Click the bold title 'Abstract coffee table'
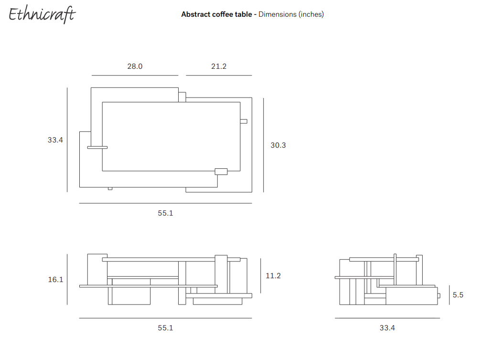tap(216, 14)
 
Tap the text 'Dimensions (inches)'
tap(291, 14)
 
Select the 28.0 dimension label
tap(135, 66)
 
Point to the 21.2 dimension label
tap(219, 66)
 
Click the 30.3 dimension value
tap(278, 145)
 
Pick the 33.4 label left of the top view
tap(55, 140)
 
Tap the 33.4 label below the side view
tap(387, 327)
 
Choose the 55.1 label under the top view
tap(165, 213)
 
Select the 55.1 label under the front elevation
tap(165, 327)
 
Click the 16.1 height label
tap(55, 279)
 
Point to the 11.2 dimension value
tap(273, 276)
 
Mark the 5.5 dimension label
tap(458, 295)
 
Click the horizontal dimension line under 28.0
tap(135, 75)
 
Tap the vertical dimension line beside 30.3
tap(264, 145)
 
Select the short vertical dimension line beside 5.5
tap(449, 295)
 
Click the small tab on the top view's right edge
tap(244, 121)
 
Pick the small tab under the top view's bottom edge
tap(110, 188)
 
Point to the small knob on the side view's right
tap(438, 296)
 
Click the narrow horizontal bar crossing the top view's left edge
tap(97, 147)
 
